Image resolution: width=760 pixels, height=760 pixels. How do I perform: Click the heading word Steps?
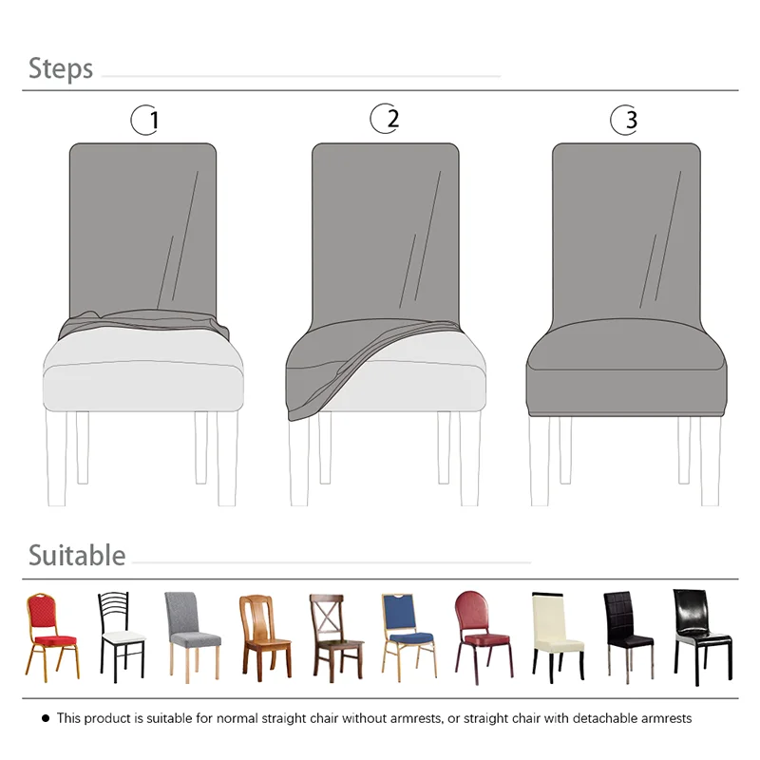coord(61,68)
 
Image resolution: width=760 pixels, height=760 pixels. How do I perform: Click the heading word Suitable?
coord(77,555)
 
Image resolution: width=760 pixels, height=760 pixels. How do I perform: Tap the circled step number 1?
coord(145,121)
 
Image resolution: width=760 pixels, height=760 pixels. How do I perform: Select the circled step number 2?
coord(385,119)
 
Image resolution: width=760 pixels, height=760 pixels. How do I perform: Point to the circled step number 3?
coord(624,120)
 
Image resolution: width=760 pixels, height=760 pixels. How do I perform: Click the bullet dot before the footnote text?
coord(46,718)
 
